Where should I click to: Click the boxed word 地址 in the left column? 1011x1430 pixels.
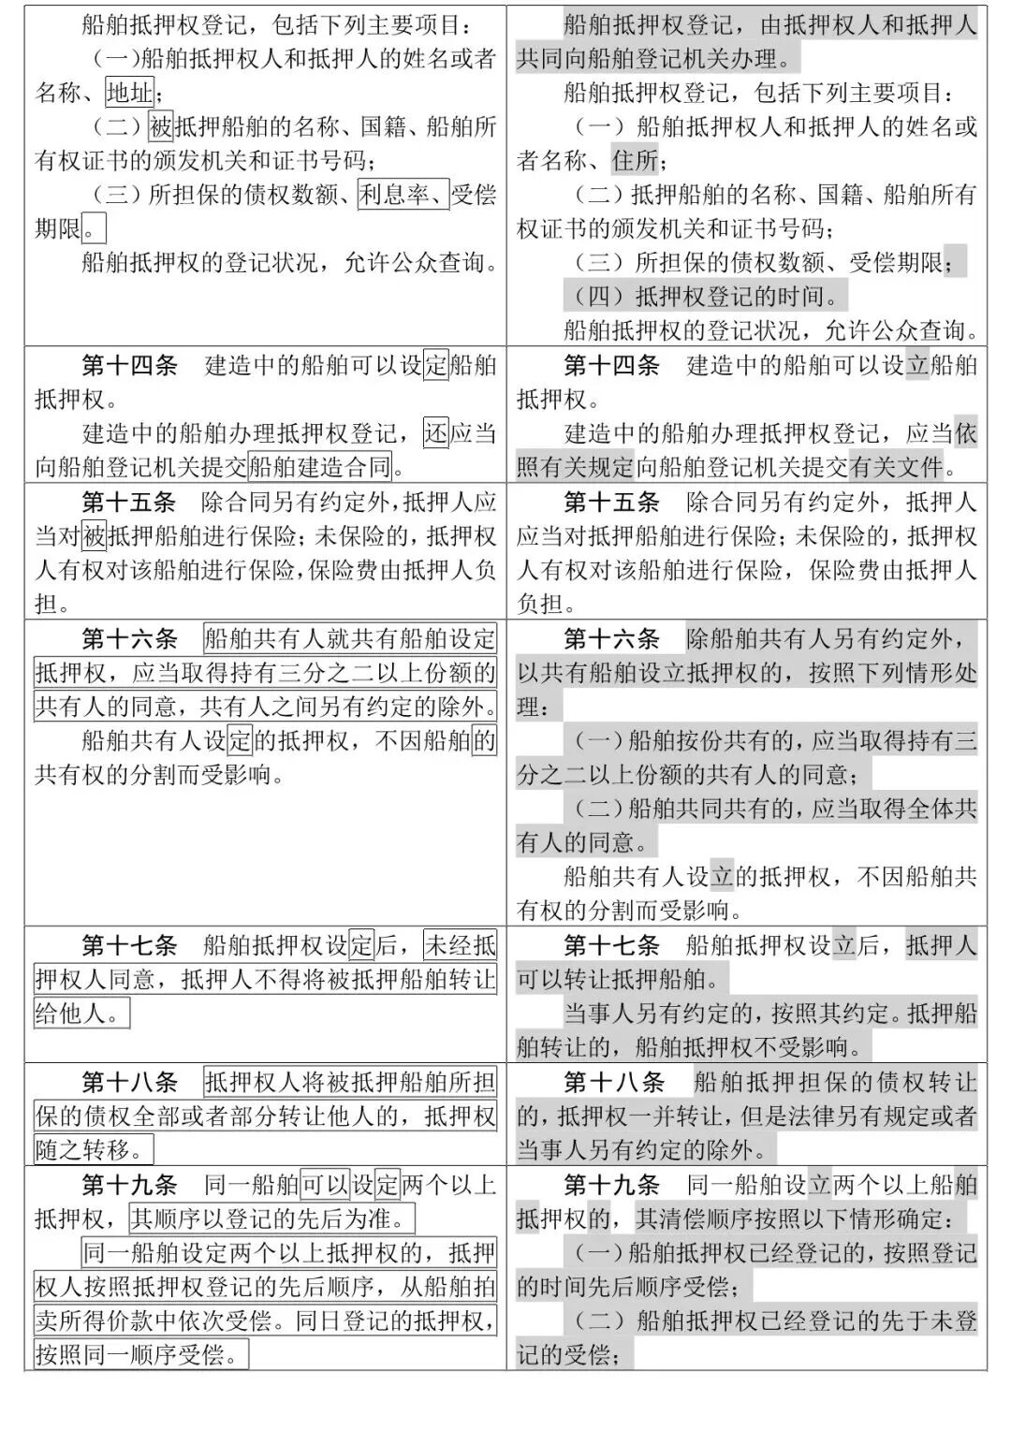[x=129, y=94]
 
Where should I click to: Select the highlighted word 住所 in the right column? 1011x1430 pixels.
[x=636, y=161]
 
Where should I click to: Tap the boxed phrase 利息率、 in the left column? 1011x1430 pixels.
[x=403, y=195]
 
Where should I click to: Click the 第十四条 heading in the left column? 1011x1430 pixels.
[x=129, y=366]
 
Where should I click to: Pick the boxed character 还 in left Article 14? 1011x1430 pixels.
[x=436, y=433]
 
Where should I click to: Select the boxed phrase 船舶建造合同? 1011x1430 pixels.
[x=320, y=467]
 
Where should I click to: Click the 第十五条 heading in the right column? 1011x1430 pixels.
[x=611, y=503]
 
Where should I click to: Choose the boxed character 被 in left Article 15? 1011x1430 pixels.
[x=95, y=536]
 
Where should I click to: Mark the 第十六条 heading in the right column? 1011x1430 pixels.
[x=611, y=640]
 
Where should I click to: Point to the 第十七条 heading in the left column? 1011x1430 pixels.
[x=129, y=945]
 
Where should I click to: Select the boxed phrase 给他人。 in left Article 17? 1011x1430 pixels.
[x=81, y=1014]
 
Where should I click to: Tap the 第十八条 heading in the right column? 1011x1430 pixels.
[x=613, y=1083]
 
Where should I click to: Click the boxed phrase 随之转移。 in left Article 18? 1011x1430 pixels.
[x=93, y=1150]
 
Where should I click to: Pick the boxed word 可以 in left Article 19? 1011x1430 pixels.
[x=325, y=1186]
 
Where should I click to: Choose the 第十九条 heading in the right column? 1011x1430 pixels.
[x=611, y=1186]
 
